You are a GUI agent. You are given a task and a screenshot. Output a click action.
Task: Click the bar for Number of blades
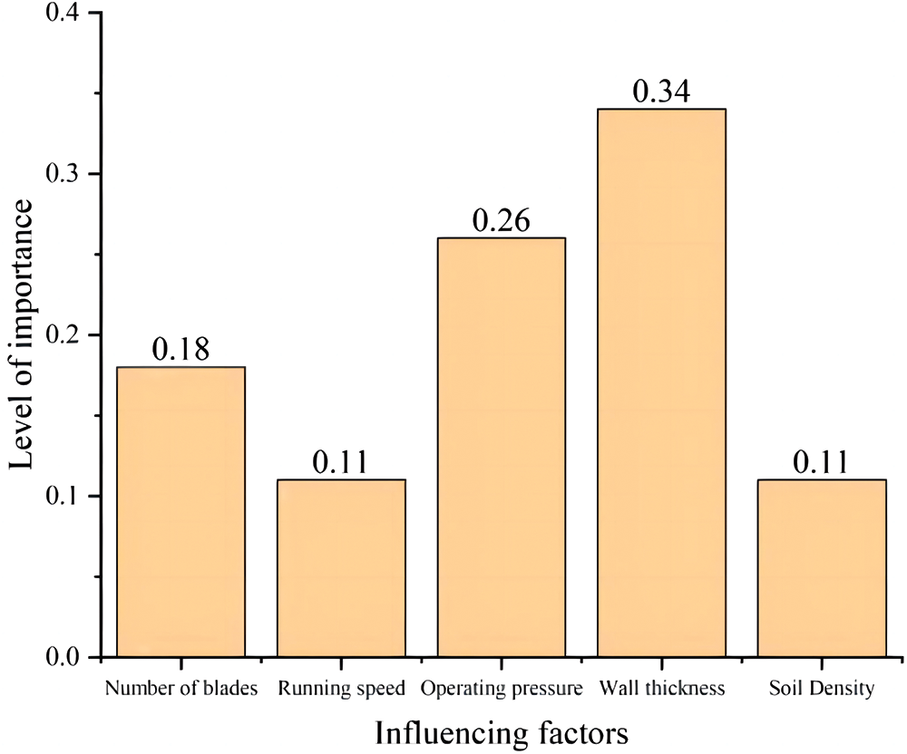(180, 511)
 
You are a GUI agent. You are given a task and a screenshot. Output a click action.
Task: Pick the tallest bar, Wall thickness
(661, 382)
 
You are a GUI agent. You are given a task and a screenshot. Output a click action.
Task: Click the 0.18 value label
(180, 350)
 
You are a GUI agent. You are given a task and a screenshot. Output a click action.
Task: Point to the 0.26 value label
(501, 221)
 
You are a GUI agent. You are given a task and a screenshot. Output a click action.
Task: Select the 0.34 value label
(661, 92)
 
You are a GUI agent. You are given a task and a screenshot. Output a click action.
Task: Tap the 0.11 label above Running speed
(341, 462)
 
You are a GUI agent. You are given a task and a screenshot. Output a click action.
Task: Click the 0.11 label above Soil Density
(821, 462)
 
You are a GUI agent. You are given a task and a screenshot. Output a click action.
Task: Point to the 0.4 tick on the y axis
(68, 14)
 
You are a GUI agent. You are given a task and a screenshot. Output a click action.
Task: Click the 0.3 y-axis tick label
(68, 174)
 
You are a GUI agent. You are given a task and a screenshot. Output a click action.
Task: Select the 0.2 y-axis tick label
(68, 335)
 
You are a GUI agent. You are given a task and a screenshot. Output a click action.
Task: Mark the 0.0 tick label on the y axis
(68, 656)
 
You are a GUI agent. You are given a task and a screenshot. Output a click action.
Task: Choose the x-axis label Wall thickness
(662, 689)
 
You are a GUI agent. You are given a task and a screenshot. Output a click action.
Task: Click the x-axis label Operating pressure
(501, 689)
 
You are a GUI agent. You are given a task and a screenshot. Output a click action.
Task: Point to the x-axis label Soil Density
(821, 689)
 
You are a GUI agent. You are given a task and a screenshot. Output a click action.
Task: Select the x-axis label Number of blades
(181, 689)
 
